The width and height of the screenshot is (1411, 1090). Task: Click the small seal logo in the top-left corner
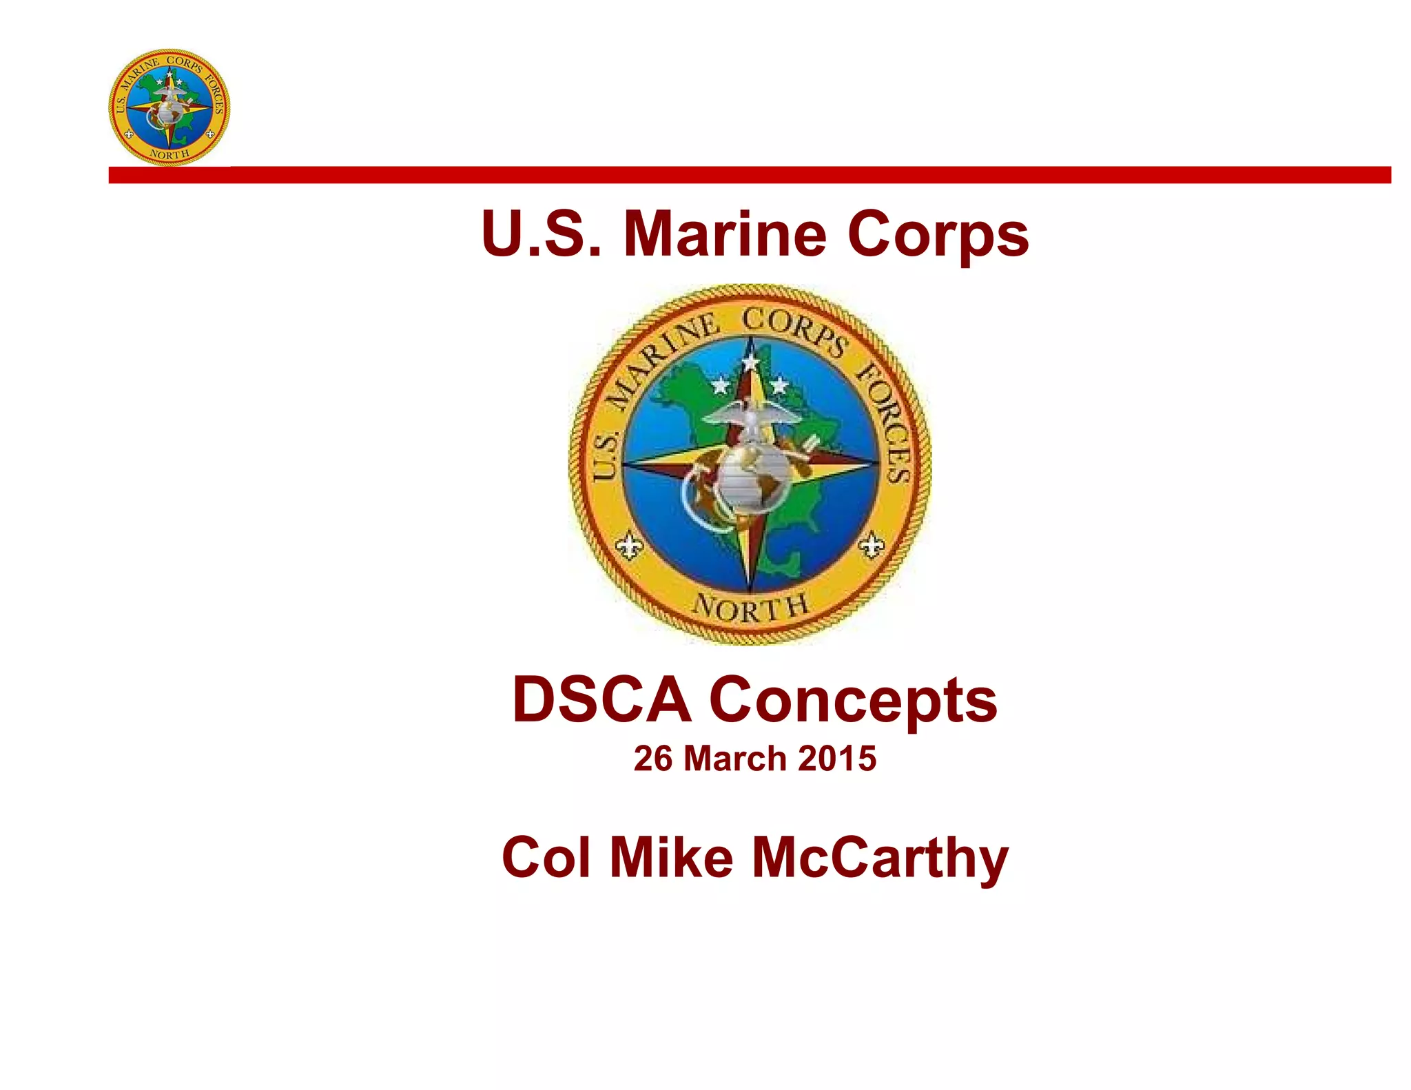pyautogui.click(x=169, y=107)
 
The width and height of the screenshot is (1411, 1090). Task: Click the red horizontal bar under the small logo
pyautogui.click(x=750, y=175)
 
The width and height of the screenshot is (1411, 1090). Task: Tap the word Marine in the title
pyautogui.click(x=725, y=234)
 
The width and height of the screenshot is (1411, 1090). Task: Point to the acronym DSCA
pyautogui.click(x=601, y=700)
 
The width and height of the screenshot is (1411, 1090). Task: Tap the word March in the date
pyautogui.click(x=735, y=759)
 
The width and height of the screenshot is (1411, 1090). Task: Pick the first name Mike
pyautogui.click(x=672, y=857)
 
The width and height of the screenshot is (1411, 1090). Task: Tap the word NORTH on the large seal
pyautogui.click(x=750, y=608)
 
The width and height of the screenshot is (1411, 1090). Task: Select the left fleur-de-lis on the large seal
pyautogui.click(x=629, y=546)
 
